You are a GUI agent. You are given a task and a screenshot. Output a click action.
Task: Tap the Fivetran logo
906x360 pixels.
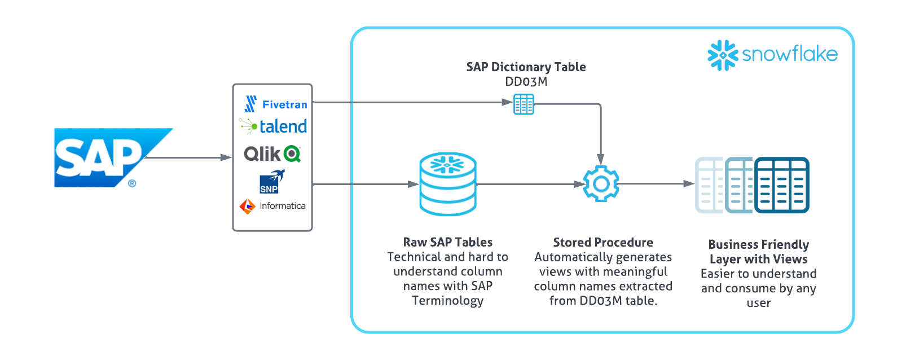click(x=276, y=104)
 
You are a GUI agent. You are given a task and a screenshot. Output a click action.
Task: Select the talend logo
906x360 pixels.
click(x=273, y=126)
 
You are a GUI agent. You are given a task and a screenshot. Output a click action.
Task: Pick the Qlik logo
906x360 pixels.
click(x=272, y=153)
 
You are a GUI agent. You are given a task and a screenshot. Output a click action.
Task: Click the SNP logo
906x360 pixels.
click(x=272, y=181)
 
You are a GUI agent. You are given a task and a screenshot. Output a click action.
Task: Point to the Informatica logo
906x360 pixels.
click(x=272, y=207)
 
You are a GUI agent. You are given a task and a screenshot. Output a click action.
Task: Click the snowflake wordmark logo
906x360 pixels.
click(x=772, y=55)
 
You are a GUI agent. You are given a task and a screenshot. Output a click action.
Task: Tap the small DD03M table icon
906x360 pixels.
click(x=524, y=104)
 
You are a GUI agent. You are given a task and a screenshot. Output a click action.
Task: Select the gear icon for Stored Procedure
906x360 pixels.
click(x=601, y=183)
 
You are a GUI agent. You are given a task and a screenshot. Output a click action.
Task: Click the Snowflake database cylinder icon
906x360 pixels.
click(x=448, y=184)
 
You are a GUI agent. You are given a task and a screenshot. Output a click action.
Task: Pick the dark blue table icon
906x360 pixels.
click(x=782, y=185)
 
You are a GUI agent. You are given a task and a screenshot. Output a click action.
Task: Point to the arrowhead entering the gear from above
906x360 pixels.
click(x=601, y=159)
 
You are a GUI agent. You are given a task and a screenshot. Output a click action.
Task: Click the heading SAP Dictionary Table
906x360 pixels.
click(x=526, y=67)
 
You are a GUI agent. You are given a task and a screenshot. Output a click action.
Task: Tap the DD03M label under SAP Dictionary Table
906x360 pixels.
click(x=526, y=82)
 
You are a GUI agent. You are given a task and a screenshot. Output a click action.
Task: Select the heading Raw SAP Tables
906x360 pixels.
click(x=448, y=242)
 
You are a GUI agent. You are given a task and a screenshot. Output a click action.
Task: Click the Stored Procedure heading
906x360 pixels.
click(x=603, y=242)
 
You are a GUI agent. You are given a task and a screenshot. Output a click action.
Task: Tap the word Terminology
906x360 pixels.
click(x=448, y=301)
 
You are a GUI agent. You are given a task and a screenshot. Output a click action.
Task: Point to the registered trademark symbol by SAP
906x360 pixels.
click(x=132, y=183)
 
